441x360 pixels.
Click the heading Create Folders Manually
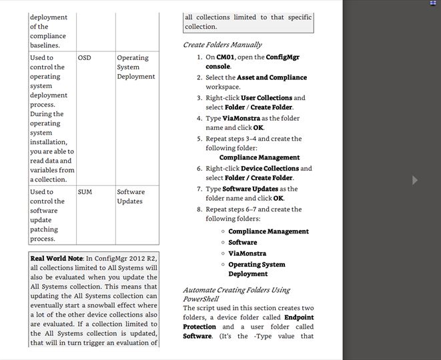coord(222,45)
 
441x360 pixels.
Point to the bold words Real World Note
coord(56,258)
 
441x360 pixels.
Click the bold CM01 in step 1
coord(225,57)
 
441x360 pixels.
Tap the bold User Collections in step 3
coord(266,98)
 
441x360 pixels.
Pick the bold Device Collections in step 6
coord(270,169)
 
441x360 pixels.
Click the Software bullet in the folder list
coord(242,243)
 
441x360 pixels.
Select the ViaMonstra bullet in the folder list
coord(247,253)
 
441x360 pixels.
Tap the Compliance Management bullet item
coord(268,231)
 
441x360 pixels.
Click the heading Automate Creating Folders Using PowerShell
coord(236,295)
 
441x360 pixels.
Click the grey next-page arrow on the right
coord(415,180)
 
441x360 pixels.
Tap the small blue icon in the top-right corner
coord(433,3)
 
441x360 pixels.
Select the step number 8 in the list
coord(199,209)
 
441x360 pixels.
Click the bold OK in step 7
coord(278,199)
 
